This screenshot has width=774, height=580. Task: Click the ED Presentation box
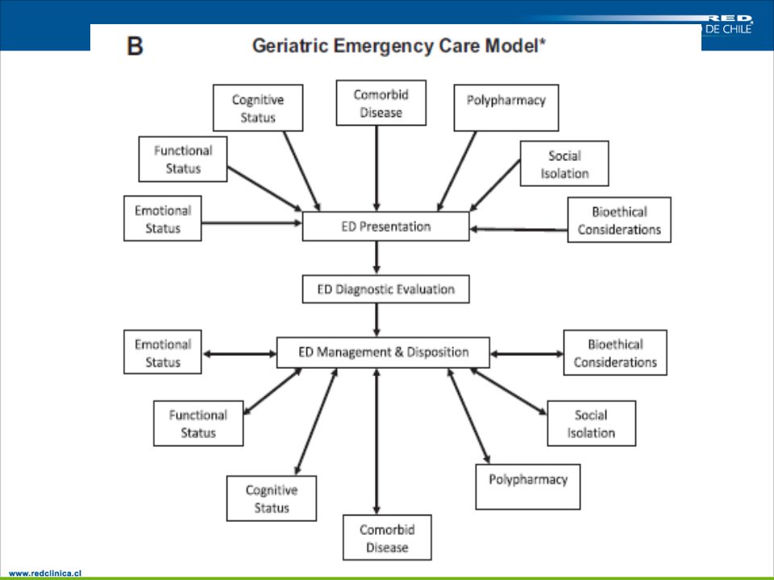point(385,226)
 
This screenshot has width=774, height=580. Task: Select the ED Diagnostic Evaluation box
point(385,289)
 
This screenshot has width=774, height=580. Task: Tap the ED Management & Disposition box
point(383,352)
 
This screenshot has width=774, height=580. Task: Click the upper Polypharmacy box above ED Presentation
point(506,107)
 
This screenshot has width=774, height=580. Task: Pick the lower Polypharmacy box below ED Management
point(527,487)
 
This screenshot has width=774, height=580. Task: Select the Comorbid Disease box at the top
point(381,103)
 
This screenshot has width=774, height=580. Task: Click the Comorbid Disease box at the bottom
point(387,537)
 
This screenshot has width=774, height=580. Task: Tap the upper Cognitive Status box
point(258,107)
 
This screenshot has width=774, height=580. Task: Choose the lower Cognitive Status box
point(272,498)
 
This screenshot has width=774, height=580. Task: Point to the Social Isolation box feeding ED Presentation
point(564,164)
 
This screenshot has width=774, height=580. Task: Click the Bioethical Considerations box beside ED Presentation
point(619,220)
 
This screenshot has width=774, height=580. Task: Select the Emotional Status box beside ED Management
point(162,352)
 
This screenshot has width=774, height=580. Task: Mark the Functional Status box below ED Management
point(198,423)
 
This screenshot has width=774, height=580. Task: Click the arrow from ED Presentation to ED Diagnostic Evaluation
point(377,258)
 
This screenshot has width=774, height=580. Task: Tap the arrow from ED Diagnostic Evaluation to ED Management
point(377,320)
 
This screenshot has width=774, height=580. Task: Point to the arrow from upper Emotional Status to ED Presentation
point(252,223)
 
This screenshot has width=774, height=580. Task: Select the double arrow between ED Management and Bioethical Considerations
point(526,354)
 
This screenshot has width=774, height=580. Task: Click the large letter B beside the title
point(135,46)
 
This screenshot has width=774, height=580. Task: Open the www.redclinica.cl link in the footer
point(45,573)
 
